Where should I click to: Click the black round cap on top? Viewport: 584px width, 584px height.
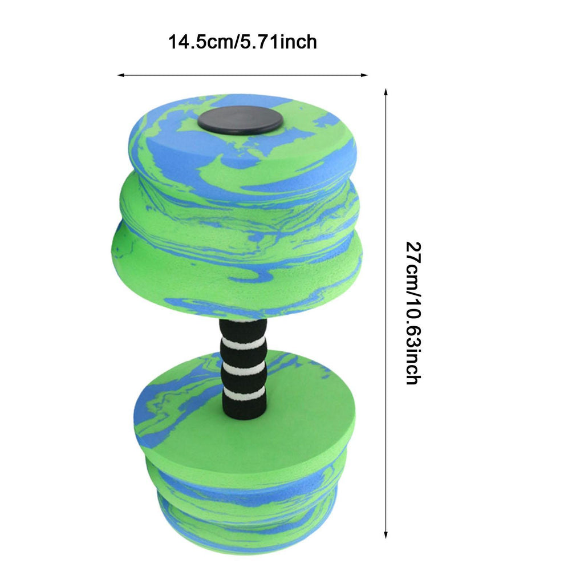(240, 120)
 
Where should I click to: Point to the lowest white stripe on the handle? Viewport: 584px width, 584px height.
(244, 393)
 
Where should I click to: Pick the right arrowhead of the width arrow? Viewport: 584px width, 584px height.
(364, 75)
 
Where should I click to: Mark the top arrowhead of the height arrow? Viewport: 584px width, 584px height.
(386, 92)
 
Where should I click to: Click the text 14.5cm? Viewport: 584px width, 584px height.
(201, 42)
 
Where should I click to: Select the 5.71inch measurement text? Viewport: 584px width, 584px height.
(278, 42)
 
